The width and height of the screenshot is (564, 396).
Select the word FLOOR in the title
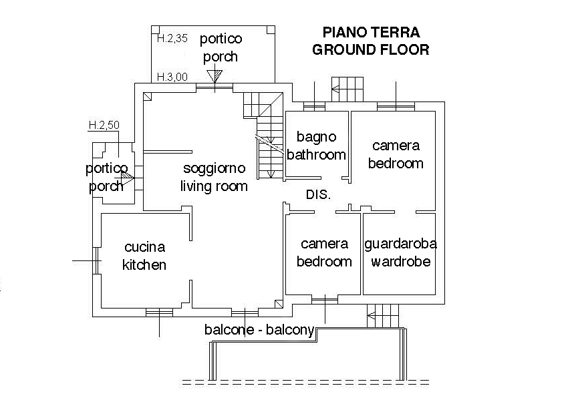tap(401, 49)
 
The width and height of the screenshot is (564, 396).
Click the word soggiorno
tap(214, 167)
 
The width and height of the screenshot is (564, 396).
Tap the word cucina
tap(144, 247)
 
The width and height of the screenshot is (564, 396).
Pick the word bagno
tap(317, 138)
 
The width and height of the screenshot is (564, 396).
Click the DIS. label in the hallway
tap(319, 195)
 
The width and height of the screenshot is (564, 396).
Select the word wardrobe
tap(400, 262)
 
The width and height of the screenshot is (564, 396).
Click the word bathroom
tap(317, 155)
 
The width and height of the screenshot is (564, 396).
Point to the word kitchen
tap(144, 265)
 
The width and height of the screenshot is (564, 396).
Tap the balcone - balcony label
tap(259, 330)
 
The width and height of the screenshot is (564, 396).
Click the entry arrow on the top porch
tap(214, 76)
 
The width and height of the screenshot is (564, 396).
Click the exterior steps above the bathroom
tap(348, 88)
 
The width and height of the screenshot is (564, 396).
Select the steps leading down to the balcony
tap(383, 315)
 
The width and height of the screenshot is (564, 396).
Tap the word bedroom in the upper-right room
tap(396, 163)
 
